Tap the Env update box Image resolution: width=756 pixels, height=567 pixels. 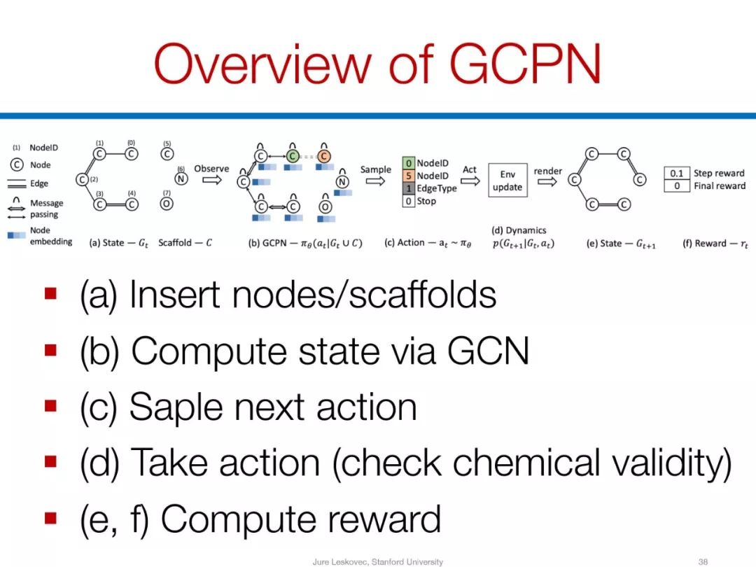point(507,181)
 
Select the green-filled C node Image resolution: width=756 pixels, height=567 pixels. point(293,155)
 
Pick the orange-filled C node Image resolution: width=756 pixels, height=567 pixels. point(325,155)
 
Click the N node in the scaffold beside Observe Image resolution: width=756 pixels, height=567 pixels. point(181,179)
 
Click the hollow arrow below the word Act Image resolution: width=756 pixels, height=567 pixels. point(470,181)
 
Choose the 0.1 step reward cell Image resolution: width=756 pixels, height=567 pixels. point(677,173)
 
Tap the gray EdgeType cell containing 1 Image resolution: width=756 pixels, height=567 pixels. point(409,188)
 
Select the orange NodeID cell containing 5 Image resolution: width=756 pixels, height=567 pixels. point(409,176)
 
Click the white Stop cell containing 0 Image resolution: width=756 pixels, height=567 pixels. point(409,201)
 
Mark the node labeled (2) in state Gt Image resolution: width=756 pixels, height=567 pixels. point(83,180)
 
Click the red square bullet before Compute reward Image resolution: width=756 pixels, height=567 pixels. point(50,518)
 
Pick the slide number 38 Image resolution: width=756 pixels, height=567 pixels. point(703,561)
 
